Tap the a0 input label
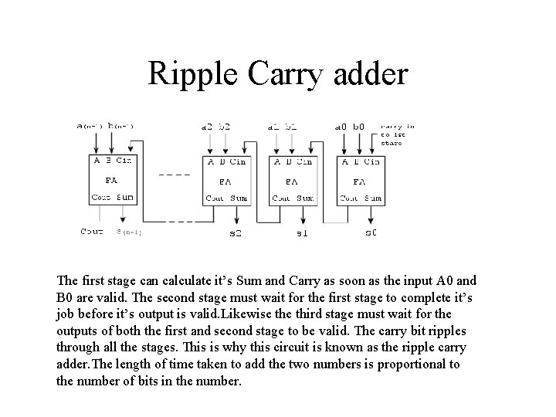pyautogui.click(x=341, y=126)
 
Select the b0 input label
pyautogui.click(x=359, y=126)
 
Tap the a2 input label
pyautogui.click(x=205, y=126)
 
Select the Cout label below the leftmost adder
pyautogui.click(x=91, y=230)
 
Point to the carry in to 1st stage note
pyautogui.click(x=397, y=134)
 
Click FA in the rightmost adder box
pyautogui.click(x=359, y=182)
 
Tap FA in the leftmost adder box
pyautogui.click(x=110, y=181)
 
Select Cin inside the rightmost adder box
pyautogui.click(x=371, y=161)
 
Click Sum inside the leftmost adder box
pyautogui.click(x=125, y=197)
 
